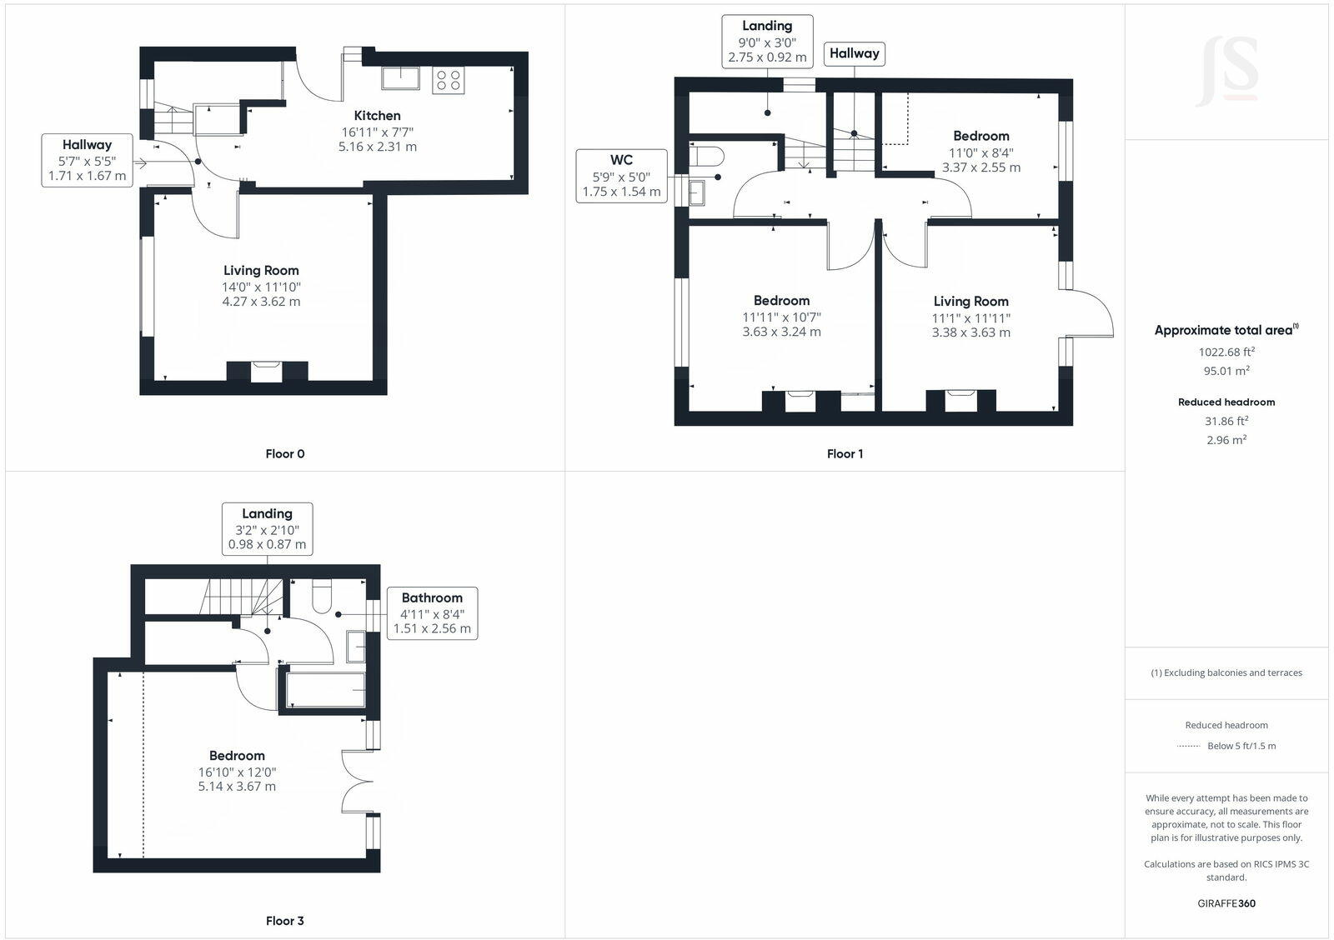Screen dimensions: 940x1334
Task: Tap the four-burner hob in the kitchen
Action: point(448,80)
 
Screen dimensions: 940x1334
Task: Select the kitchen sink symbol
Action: point(402,78)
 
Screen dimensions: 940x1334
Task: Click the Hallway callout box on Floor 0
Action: point(87,160)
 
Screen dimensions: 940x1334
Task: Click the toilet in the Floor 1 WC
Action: point(709,156)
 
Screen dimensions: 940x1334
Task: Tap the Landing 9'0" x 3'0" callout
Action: point(767,42)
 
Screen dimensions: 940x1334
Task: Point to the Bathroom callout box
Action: point(432,612)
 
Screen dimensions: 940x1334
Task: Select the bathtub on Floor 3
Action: point(325,690)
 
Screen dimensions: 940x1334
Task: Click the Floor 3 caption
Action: point(284,921)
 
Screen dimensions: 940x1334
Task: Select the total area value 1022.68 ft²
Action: point(1226,352)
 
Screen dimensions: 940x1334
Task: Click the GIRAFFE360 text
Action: point(1226,903)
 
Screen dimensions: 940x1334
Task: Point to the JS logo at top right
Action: point(1226,72)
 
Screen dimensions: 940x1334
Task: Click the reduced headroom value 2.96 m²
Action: point(1226,440)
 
